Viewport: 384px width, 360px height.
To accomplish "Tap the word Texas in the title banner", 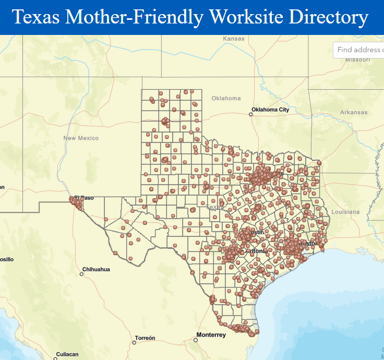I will pyautogui.click(x=35, y=18).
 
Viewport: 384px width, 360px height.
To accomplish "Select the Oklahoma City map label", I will pyautogui.click(x=270, y=110).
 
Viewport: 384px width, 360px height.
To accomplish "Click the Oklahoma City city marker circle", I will pyautogui.click(x=250, y=114).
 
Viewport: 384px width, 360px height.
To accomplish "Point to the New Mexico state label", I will pyautogui.click(x=81, y=138).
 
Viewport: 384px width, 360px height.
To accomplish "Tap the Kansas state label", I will pyautogui.click(x=233, y=39).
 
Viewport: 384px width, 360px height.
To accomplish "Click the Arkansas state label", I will pyautogui.click(x=354, y=112).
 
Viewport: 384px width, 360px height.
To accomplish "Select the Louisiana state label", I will pyautogui.click(x=345, y=212).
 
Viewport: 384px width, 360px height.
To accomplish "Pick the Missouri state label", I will pyautogui.click(x=357, y=59).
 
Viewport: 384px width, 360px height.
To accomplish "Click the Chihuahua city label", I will pyautogui.click(x=97, y=269).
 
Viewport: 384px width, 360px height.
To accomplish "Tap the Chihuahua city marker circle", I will pyautogui.click(x=82, y=273).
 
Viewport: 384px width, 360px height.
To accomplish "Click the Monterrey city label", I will pyautogui.click(x=211, y=335).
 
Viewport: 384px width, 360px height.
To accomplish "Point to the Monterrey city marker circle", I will pyautogui.click(x=196, y=340).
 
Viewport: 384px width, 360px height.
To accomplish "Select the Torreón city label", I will pyautogui.click(x=145, y=338).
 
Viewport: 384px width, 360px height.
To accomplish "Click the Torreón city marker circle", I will pyautogui.click(x=134, y=343).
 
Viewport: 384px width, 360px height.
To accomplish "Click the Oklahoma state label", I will pyautogui.click(x=226, y=98).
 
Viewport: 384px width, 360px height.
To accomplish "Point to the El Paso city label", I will pyautogui.click(x=86, y=198).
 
